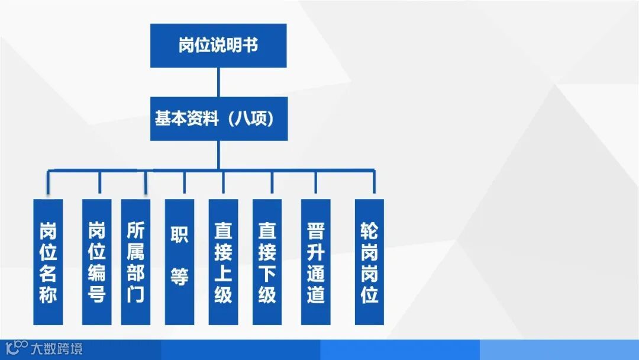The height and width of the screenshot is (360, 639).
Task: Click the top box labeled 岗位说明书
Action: pos(218,46)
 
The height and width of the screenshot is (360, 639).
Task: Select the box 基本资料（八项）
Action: pos(218,119)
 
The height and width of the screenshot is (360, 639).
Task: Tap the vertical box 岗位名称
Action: pos(48,261)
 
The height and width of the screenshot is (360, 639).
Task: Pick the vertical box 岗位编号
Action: pos(96,261)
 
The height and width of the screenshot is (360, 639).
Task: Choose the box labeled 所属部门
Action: pos(135,261)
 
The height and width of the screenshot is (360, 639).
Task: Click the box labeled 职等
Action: pos(179,261)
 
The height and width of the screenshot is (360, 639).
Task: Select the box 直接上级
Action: pos(223,261)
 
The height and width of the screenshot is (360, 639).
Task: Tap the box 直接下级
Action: pos(267,261)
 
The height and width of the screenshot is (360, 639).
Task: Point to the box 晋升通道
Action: pos(315,261)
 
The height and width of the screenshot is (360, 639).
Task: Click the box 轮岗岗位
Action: pos(369,261)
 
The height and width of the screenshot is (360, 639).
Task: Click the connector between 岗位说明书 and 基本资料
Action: pos(218,82)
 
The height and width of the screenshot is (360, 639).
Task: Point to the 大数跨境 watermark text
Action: pos(57,349)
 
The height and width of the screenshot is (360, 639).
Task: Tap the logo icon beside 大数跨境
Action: pos(17,348)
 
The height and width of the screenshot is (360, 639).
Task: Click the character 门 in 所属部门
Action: pos(135,294)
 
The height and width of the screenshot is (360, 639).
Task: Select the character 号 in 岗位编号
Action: pos(96,294)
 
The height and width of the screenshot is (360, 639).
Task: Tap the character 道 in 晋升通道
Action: pos(315,294)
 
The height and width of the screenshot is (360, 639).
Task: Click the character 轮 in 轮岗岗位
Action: pos(369,230)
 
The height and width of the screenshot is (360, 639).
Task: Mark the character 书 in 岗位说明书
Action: pos(250,46)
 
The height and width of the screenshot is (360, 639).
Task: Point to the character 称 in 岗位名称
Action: pos(48,294)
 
